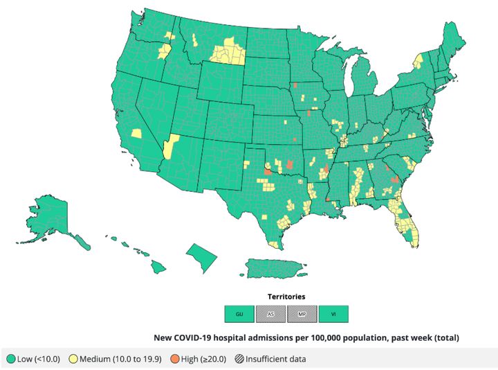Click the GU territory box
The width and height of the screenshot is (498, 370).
coord(239,315)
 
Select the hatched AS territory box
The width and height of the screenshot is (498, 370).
coord(270,315)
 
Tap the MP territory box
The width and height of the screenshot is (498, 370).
coord(302,315)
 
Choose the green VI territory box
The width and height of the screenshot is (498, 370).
coord(333,315)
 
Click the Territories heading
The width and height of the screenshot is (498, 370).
coord(286,297)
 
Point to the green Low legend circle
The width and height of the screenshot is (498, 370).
coord(11,359)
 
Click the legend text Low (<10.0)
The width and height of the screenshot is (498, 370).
coord(39,359)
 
